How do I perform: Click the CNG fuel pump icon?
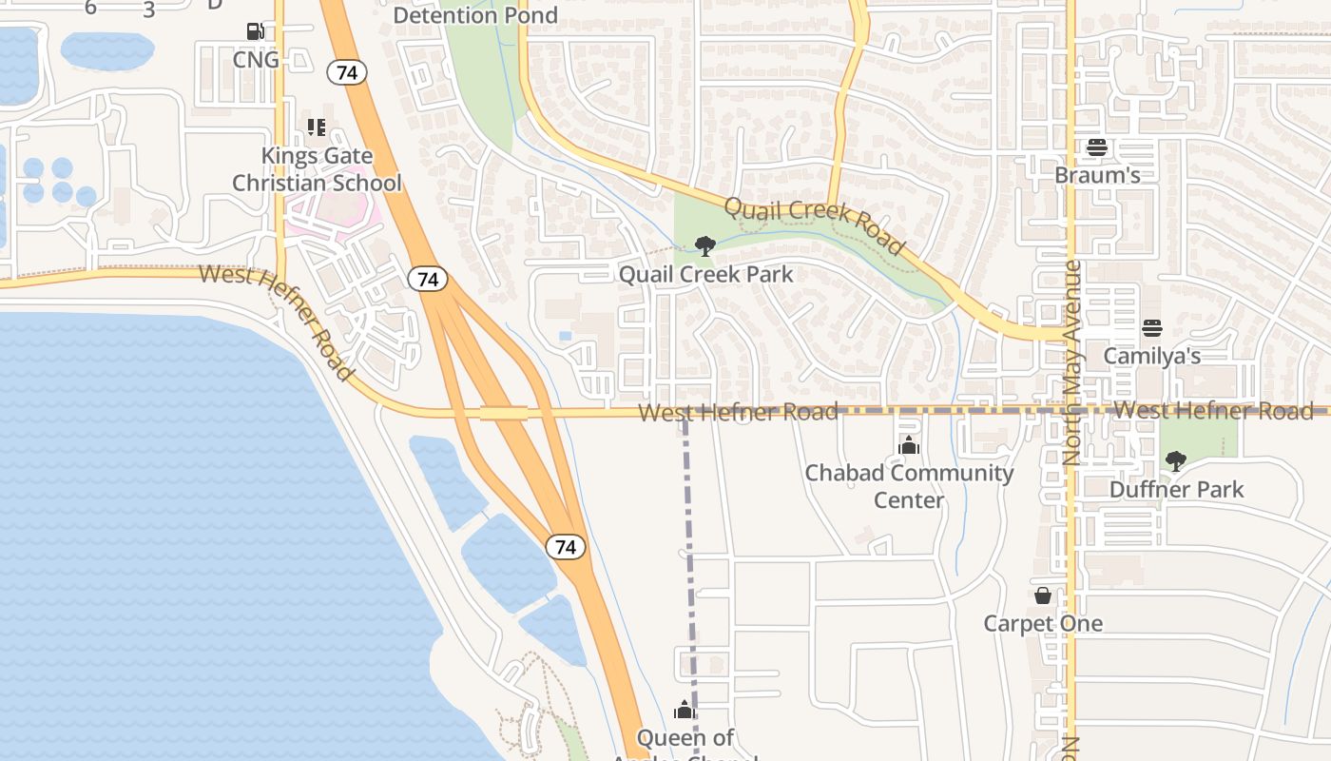(255, 31)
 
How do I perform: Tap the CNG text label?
(256, 60)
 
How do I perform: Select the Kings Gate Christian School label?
(318, 169)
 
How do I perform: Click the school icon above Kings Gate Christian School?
(317, 127)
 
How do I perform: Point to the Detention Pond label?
(475, 15)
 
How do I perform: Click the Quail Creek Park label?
(705, 275)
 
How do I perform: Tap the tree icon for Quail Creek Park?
(704, 247)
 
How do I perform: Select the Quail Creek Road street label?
(814, 225)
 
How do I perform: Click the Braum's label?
(1097, 176)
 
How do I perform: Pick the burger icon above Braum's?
(1097, 147)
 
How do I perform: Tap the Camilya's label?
(1152, 357)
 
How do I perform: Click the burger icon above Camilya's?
(1152, 328)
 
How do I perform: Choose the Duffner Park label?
(1177, 490)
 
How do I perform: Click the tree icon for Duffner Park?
(1176, 461)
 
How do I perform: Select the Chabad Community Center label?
(909, 486)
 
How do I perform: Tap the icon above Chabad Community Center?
(909, 444)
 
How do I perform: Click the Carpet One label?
(1043, 624)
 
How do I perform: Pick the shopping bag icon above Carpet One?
(1043, 595)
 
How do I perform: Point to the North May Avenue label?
(1072, 362)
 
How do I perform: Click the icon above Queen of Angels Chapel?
(685, 710)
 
